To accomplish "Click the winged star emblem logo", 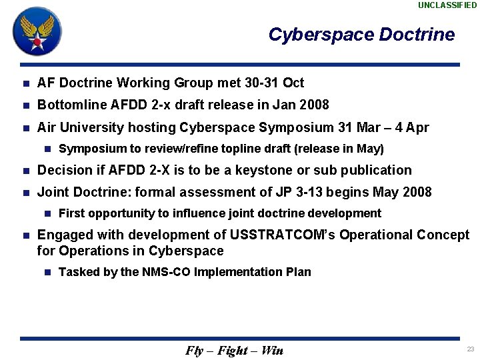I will pyautogui.click(x=37, y=31).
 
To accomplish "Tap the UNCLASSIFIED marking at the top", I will pyautogui.click(x=447, y=5).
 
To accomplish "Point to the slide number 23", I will pyautogui.click(x=471, y=349).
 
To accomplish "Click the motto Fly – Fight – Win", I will pyautogui.click(x=234, y=351).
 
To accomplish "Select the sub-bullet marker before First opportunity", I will pyautogui.click(x=47, y=214).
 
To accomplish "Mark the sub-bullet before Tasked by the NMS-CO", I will pyautogui.click(x=47, y=272).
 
